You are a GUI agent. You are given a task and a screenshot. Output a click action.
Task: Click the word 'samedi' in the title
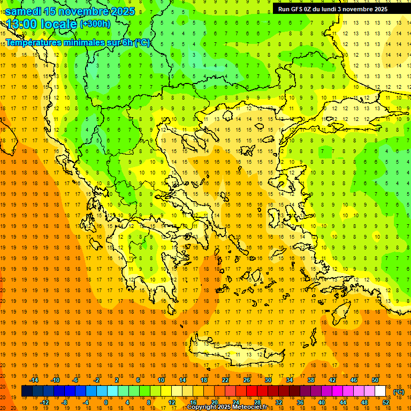click(x=23, y=11)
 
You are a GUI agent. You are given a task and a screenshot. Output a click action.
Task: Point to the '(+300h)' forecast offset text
click(x=95, y=24)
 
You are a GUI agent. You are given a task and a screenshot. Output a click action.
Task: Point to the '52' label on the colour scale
click(x=386, y=402)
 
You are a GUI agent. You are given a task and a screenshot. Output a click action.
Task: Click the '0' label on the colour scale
click(x=105, y=402)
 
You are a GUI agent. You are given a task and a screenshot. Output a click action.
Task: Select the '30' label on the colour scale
click(x=268, y=380)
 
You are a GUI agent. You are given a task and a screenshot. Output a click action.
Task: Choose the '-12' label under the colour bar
click(x=45, y=402)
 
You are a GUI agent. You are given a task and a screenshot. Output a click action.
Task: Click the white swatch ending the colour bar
click(x=380, y=391)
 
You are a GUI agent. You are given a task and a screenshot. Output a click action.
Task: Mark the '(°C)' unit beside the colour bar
click(x=398, y=391)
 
